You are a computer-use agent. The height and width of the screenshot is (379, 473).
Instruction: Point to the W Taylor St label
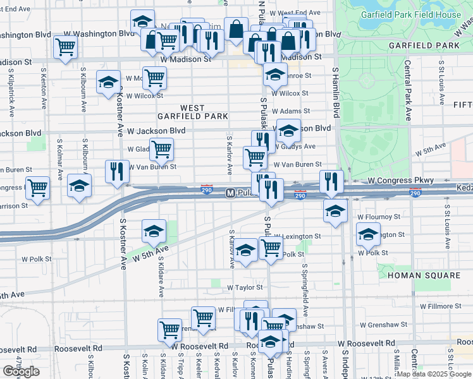(245, 287)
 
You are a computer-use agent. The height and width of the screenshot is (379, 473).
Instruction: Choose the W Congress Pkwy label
(401, 181)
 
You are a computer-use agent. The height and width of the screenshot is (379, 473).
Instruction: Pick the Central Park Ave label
(408, 88)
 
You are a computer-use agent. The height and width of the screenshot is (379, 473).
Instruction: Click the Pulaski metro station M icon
(231, 193)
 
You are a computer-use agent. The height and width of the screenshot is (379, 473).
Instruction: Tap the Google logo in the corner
(21, 371)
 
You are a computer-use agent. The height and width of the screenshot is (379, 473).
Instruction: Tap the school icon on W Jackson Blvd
(288, 131)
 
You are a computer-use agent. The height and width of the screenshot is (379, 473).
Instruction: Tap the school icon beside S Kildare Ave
(154, 231)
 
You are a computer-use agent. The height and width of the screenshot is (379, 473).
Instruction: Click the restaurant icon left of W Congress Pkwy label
(331, 181)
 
